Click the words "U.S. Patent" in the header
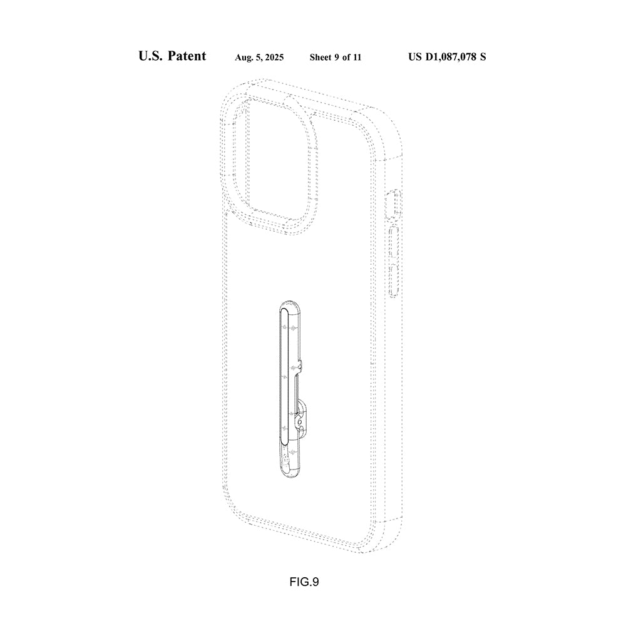172,56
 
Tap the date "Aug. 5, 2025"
259,58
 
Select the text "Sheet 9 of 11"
335,58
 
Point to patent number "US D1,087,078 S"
447,57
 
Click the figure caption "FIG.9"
304,582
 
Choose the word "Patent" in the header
187,56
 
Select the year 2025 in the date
274,58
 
